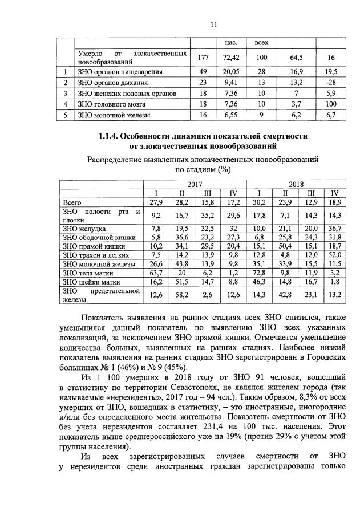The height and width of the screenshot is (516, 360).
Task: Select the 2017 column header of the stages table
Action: coord(195,184)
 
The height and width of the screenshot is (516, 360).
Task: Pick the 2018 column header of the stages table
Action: coord(296,184)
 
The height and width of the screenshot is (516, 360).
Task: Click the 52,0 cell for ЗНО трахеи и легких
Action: coord(335,255)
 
